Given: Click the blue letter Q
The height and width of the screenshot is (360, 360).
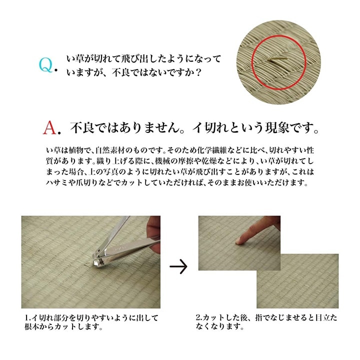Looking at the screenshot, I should click(x=46, y=66).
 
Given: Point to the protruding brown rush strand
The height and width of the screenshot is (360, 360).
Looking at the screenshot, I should click(x=277, y=61).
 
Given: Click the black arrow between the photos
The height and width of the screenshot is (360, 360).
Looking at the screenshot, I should click(x=178, y=267).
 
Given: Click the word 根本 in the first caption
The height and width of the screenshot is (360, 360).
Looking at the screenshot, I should click(x=30, y=327).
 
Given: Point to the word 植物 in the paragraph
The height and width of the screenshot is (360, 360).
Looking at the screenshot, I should click(x=73, y=150).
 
